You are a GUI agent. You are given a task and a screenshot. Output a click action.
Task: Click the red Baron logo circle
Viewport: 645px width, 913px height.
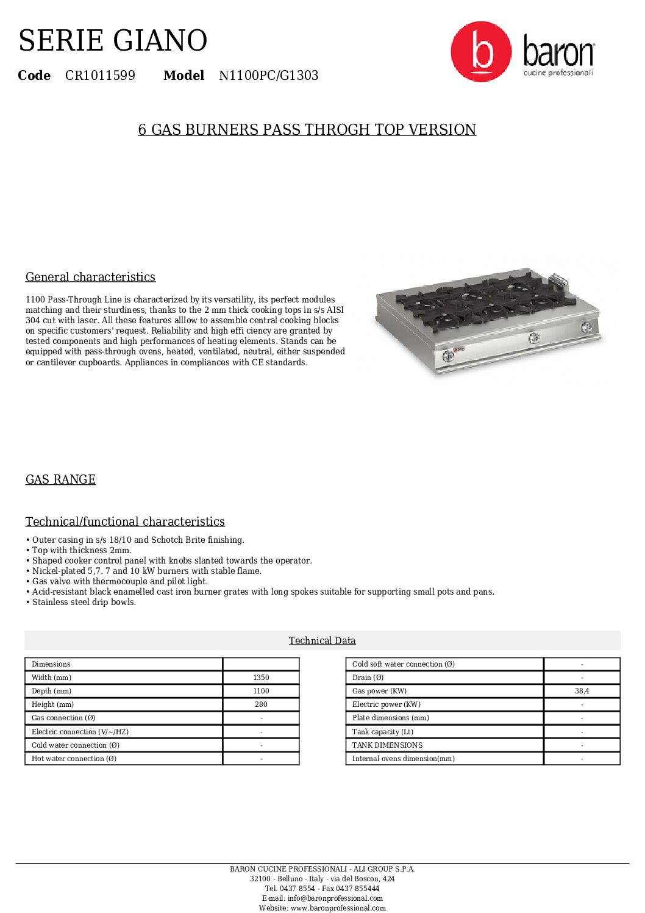[481, 52]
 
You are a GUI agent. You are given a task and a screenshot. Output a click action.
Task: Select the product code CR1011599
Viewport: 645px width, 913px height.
[100, 76]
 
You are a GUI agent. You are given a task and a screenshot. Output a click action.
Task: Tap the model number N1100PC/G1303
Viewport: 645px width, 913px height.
[268, 76]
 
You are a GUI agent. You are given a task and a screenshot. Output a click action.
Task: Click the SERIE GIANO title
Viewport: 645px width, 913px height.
[113, 41]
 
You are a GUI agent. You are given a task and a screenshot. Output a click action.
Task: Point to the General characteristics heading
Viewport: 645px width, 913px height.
[90, 277]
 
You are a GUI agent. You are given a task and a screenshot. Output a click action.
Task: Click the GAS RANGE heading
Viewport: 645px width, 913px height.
[60, 479]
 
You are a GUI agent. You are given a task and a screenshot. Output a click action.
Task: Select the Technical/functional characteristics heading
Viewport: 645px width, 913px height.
[125, 521]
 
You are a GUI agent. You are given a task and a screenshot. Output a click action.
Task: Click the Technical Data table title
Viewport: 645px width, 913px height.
[322, 640]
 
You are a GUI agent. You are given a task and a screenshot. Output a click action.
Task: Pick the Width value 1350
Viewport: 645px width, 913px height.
[261, 678]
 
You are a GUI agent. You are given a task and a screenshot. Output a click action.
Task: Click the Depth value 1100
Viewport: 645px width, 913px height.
[261, 691]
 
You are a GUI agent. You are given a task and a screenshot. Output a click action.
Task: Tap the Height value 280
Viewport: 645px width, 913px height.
[261, 704]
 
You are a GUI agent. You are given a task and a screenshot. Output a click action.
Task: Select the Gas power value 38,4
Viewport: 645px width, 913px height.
[582, 691]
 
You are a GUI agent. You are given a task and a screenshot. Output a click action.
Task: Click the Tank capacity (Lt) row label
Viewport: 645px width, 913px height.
[382, 732]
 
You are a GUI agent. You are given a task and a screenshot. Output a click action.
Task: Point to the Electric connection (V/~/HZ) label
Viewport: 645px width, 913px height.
[80, 732]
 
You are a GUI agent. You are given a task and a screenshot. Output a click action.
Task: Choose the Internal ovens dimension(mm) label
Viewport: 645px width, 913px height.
[403, 759]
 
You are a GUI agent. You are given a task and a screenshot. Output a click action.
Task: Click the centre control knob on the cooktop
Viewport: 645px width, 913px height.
[534, 338]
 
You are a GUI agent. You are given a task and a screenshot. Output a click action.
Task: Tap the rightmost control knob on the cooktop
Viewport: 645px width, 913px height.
[586, 327]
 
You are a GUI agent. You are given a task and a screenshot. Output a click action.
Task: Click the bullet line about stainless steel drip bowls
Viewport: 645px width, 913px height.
[84, 602]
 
